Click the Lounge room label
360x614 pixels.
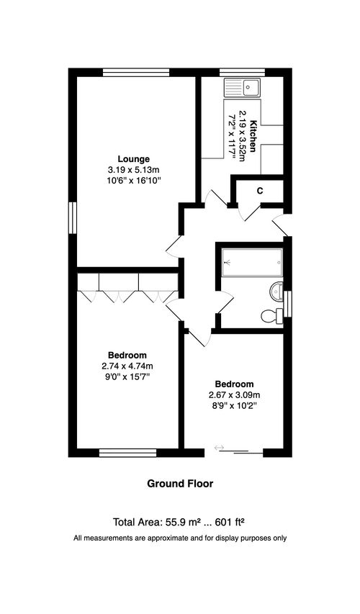click(x=134, y=158)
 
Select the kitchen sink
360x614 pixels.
click(x=241, y=89)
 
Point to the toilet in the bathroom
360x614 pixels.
click(x=271, y=315)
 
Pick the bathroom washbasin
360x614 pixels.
click(x=278, y=291)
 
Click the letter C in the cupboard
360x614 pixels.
click(x=259, y=191)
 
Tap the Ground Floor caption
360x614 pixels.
click(x=180, y=484)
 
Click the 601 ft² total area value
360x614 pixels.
click(x=231, y=522)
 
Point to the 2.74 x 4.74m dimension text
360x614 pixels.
click(x=127, y=366)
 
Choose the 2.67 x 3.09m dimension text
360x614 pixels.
click(x=233, y=394)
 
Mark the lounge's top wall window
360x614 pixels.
click(x=136, y=71)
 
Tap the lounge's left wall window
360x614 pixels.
click(x=72, y=217)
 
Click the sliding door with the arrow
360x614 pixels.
click(x=240, y=451)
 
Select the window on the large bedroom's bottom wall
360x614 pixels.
click(x=127, y=453)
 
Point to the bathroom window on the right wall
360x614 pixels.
click(x=288, y=302)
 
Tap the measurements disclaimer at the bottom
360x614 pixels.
click(x=180, y=538)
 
